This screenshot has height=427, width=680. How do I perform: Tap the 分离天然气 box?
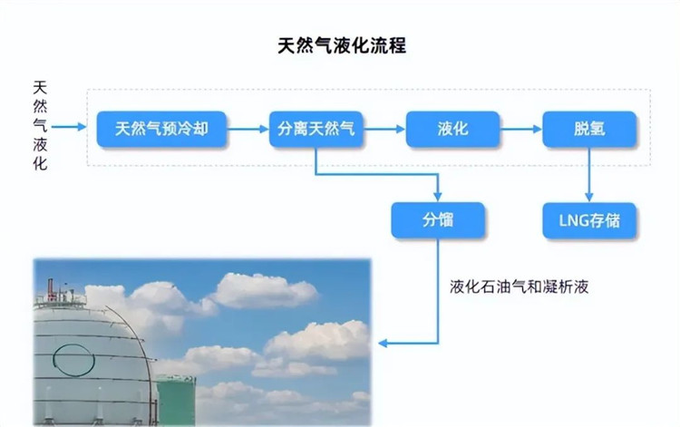coord(316,129)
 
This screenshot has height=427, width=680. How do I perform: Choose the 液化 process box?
coord(452,129)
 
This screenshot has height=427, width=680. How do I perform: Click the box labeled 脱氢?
coord(589,129)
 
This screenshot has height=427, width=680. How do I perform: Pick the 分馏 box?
coord(439,219)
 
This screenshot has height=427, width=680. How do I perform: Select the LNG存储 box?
coord(589,219)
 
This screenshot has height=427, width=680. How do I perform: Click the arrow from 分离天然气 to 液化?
coord(384,129)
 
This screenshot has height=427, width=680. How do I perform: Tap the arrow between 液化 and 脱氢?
coord(520,129)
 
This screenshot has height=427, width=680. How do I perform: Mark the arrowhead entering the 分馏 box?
coord(439,197)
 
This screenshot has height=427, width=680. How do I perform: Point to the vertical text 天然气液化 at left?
coord(40,126)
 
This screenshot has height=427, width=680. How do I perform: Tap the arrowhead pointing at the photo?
coord(383,343)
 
